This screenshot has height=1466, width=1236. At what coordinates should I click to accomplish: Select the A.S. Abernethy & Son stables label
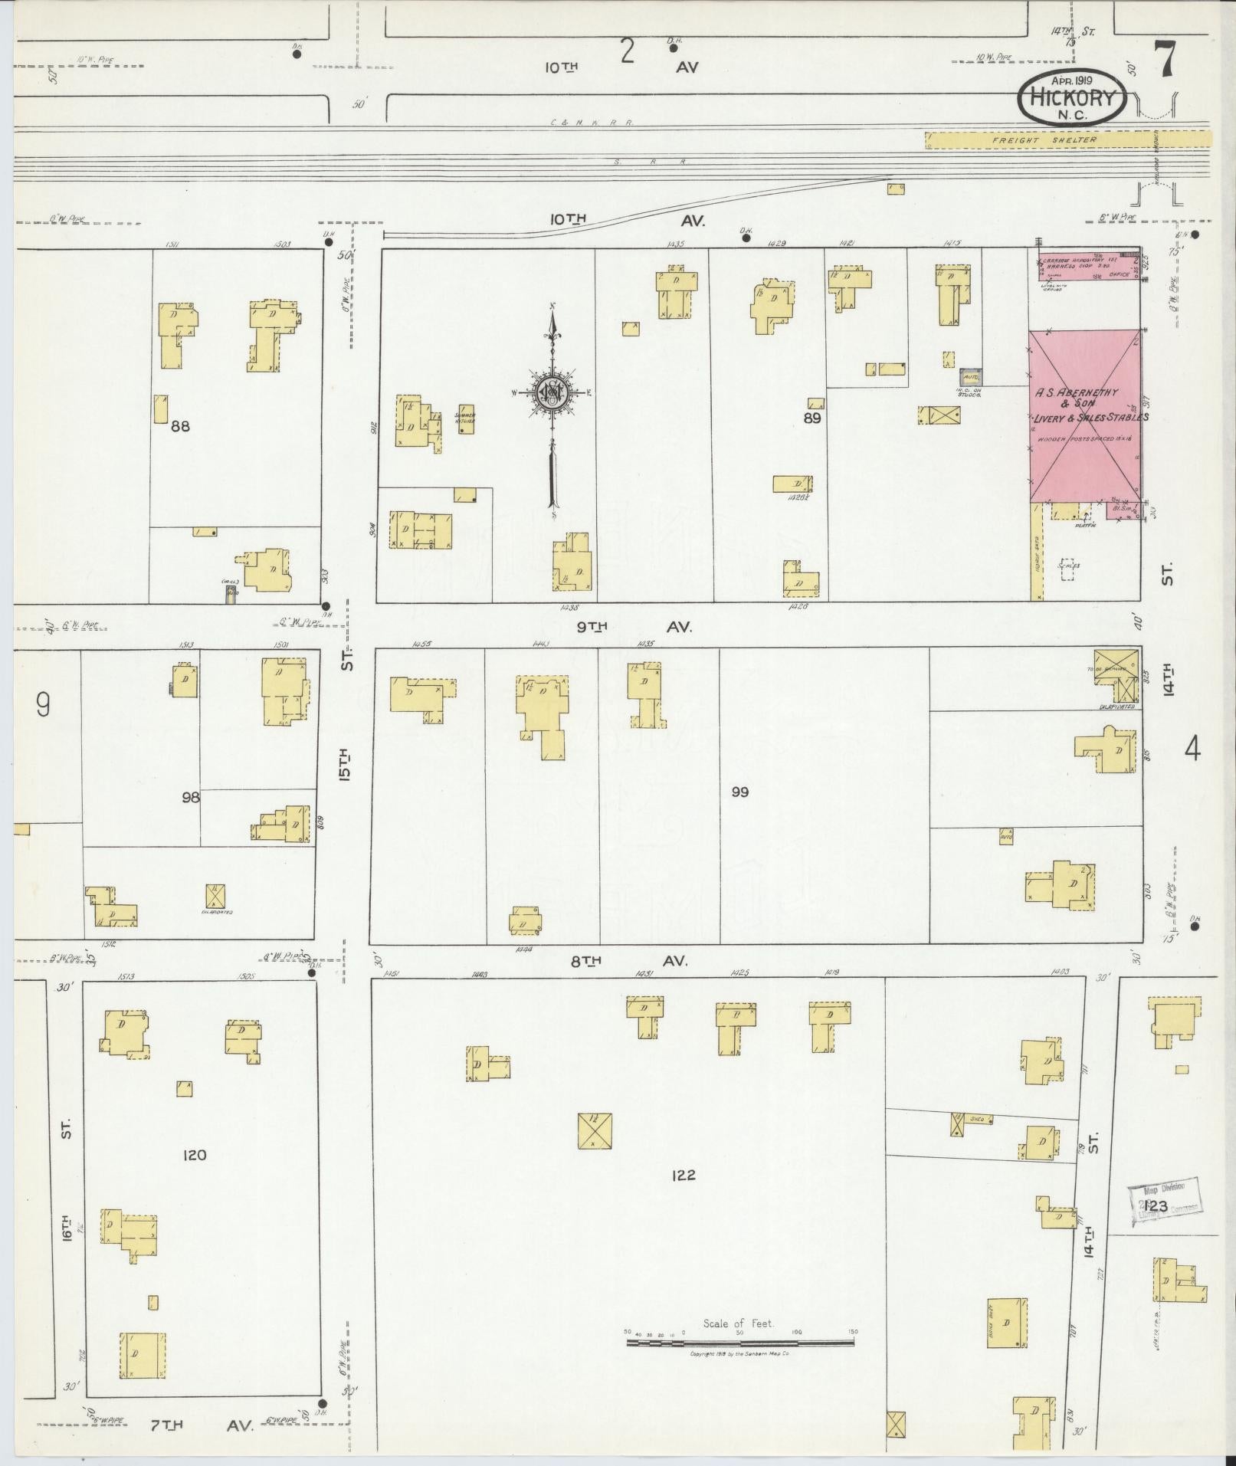(1089, 405)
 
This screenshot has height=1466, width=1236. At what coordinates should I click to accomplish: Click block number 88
(180, 426)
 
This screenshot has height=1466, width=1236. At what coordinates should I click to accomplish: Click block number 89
(812, 418)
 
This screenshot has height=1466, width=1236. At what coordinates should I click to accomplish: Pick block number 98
(191, 798)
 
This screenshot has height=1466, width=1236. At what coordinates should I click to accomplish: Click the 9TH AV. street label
(634, 627)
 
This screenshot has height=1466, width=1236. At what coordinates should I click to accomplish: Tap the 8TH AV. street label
(631, 960)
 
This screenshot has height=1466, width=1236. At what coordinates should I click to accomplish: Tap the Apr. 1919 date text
(1073, 80)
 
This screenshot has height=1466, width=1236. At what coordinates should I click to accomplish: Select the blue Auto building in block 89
(970, 377)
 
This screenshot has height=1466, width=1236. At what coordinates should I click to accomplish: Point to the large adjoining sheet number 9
(43, 704)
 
